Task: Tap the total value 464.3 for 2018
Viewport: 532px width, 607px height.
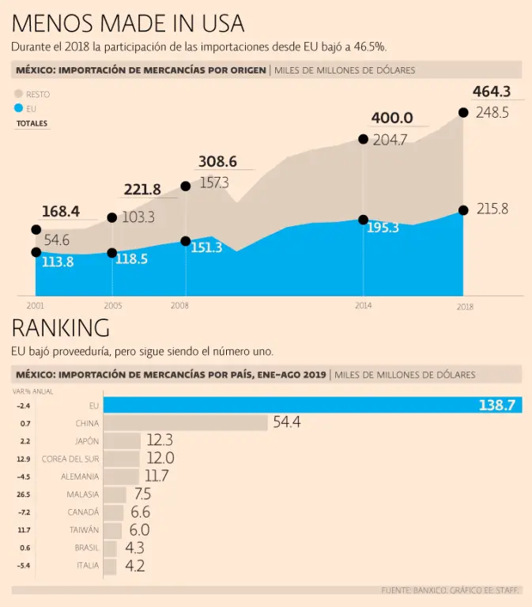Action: point(492,92)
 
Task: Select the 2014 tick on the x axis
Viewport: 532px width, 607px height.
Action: point(363,305)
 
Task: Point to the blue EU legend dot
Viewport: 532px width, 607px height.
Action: point(19,108)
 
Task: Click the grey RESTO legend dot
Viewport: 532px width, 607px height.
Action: point(19,94)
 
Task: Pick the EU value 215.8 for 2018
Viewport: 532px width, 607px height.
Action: point(492,209)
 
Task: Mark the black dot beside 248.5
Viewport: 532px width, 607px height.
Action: point(463,113)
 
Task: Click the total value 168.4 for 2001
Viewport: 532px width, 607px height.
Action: point(61,212)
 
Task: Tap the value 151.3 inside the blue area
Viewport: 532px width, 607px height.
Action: point(206,247)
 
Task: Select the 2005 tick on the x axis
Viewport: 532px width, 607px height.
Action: point(112,305)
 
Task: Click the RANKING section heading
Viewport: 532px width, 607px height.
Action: point(60,328)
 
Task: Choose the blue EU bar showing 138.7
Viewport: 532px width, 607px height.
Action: point(312,405)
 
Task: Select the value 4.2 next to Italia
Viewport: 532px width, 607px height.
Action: point(134,566)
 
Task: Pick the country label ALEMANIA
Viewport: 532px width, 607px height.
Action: point(80,477)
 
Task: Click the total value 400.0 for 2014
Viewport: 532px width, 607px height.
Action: point(392,118)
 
